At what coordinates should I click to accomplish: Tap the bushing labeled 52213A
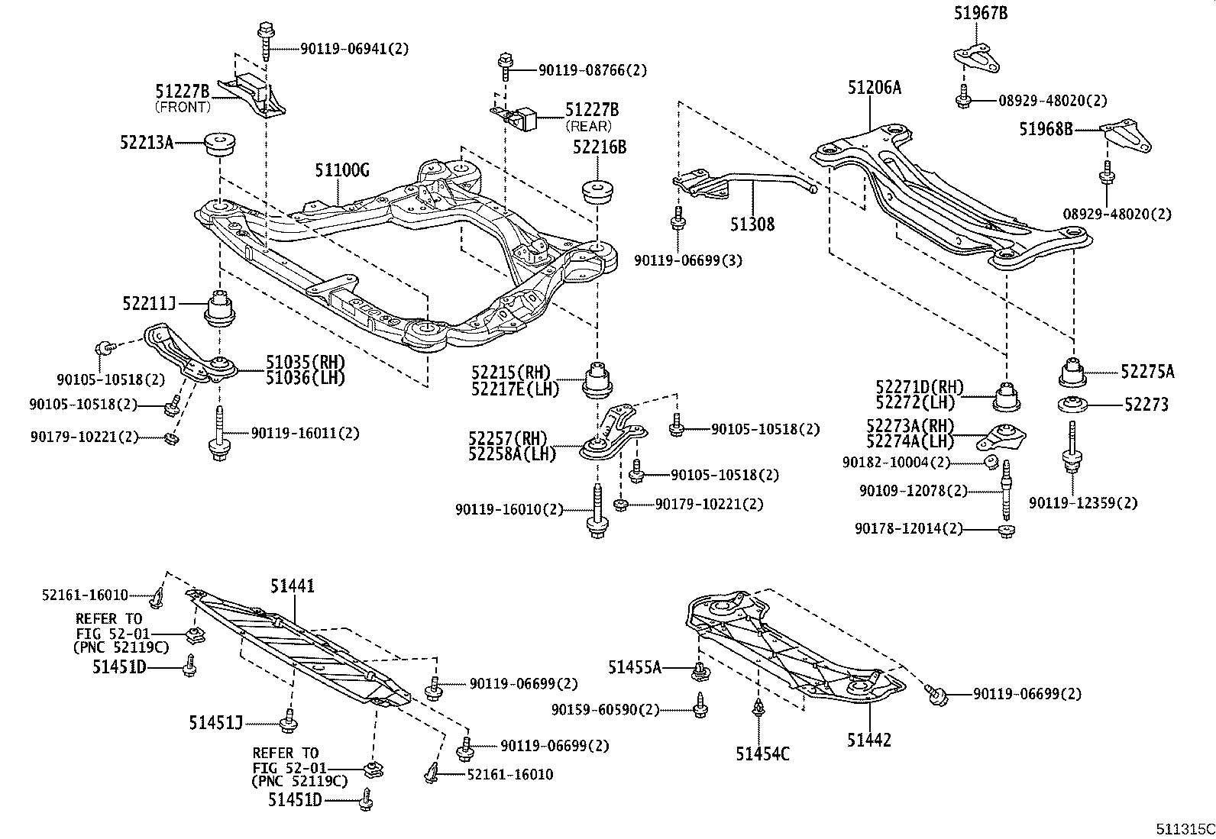(x=220, y=143)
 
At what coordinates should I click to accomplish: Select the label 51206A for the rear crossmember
(x=873, y=88)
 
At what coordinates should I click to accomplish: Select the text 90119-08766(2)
(x=592, y=70)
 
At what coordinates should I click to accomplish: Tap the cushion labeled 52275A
(x=1072, y=373)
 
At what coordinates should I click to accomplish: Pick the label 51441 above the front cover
(x=292, y=586)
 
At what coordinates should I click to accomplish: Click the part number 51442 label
(x=868, y=739)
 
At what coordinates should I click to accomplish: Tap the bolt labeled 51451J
(x=289, y=720)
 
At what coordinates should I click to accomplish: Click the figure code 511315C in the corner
(x=1184, y=828)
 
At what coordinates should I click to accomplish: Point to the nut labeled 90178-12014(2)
(x=1007, y=531)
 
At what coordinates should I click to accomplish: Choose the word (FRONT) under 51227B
(x=183, y=107)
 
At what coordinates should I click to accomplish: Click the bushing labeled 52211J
(x=221, y=308)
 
